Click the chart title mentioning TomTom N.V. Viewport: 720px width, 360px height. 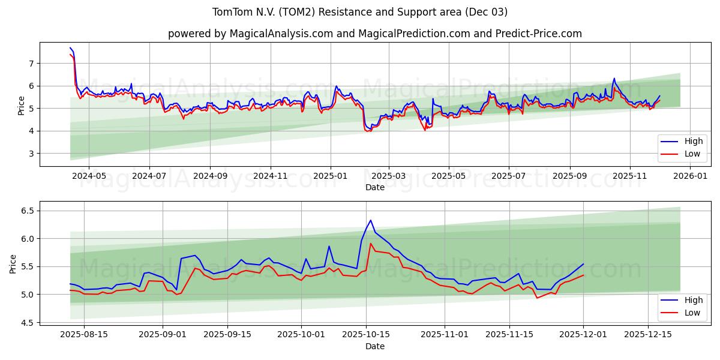[x=360, y=12]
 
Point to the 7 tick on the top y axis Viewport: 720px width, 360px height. [x=31, y=63]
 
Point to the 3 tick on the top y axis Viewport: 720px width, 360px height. [x=31, y=154]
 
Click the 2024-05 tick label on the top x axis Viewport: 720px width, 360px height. [x=89, y=176]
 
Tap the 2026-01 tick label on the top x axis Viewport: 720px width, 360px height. [x=690, y=176]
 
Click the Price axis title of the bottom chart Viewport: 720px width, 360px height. [x=13, y=263]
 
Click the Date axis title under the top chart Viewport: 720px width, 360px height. [x=374, y=187]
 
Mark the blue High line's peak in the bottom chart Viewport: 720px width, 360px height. [x=370, y=220]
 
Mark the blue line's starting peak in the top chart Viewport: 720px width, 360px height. [x=70, y=48]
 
